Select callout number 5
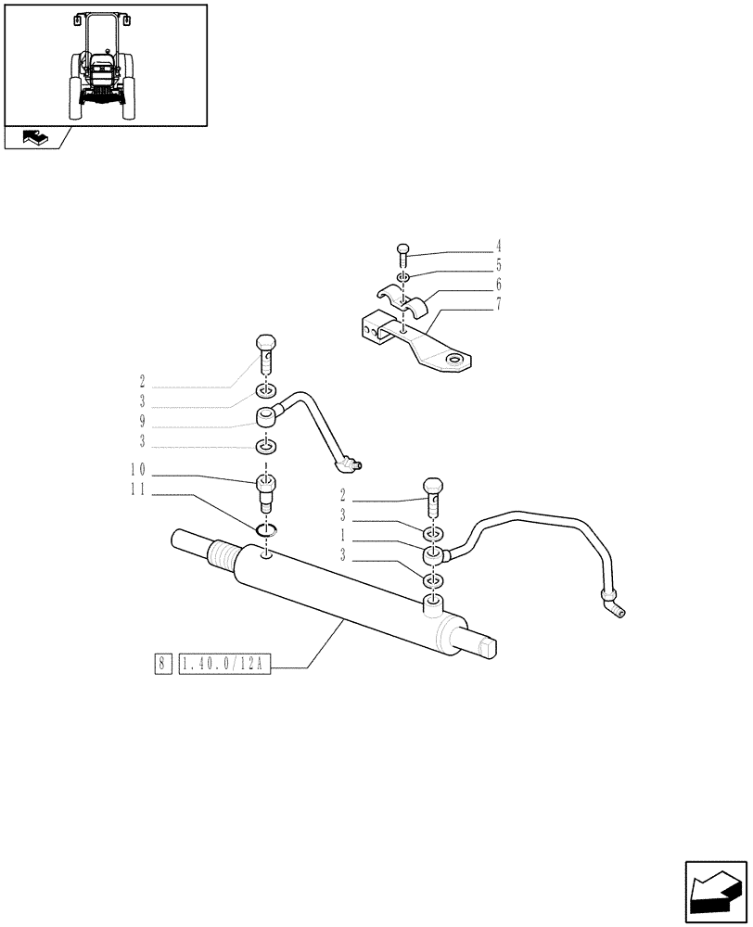click(498, 265)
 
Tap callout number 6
click(498, 284)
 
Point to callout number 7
click(498, 303)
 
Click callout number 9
click(142, 421)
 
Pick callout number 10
click(138, 470)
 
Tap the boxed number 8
click(162, 664)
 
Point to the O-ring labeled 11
click(266, 530)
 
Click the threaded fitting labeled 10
click(266, 490)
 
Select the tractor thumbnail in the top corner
click(105, 64)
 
